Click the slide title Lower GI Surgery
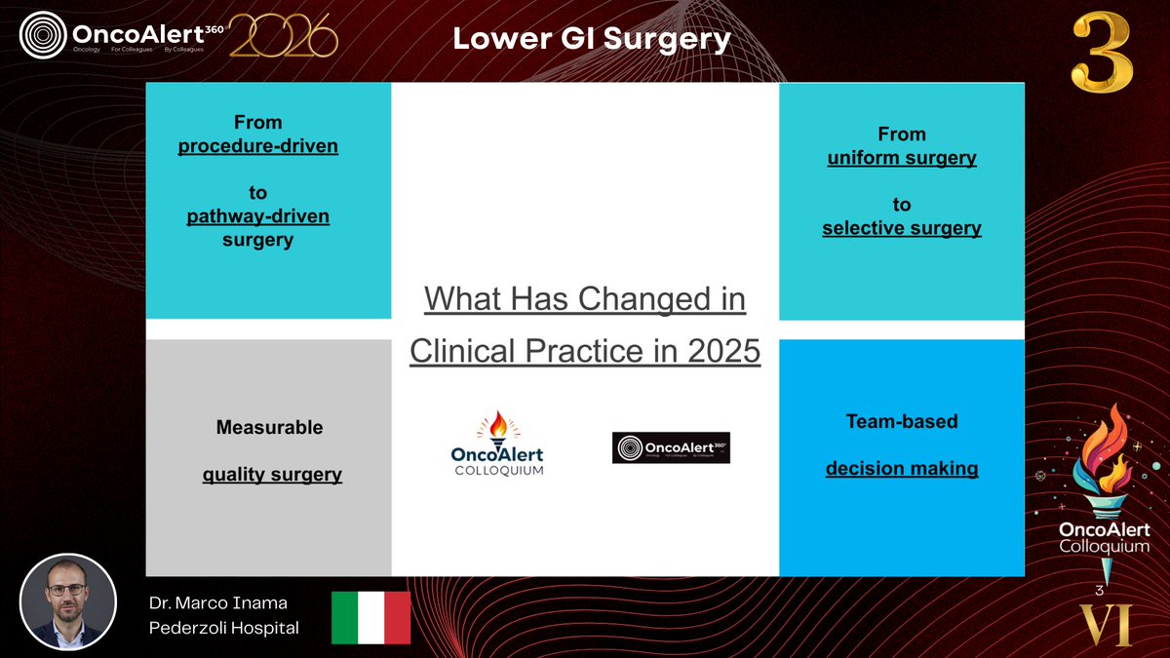(x=591, y=39)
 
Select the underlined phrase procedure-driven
(x=257, y=146)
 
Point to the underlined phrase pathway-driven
(x=257, y=216)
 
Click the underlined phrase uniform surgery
(x=901, y=158)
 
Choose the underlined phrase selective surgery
(x=901, y=229)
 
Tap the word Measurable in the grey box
(x=269, y=427)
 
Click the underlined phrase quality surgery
(x=272, y=476)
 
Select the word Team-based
(x=901, y=421)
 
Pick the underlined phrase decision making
(x=901, y=469)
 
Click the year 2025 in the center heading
(x=721, y=351)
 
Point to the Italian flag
(x=370, y=617)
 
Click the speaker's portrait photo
(x=68, y=601)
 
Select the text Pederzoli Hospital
(x=223, y=629)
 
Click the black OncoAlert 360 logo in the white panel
(x=671, y=447)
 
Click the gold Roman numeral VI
(x=1105, y=625)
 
